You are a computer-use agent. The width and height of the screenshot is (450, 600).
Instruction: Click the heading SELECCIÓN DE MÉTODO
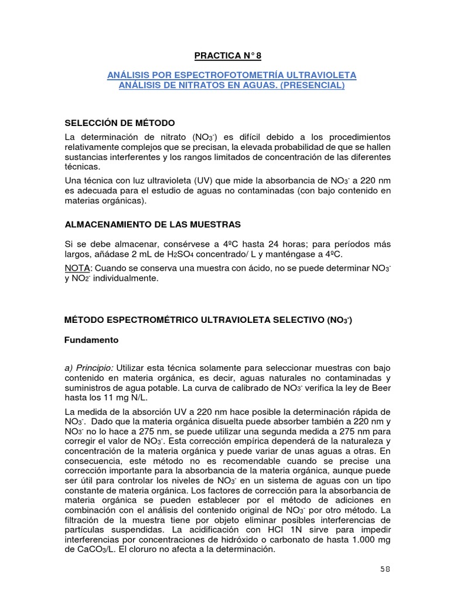coord(120,122)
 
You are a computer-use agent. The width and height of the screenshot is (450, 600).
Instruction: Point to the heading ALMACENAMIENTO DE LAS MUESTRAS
coord(152,224)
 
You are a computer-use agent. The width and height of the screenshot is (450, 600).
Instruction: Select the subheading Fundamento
coord(91,340)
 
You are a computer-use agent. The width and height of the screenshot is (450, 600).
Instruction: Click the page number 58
coord(384,568)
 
